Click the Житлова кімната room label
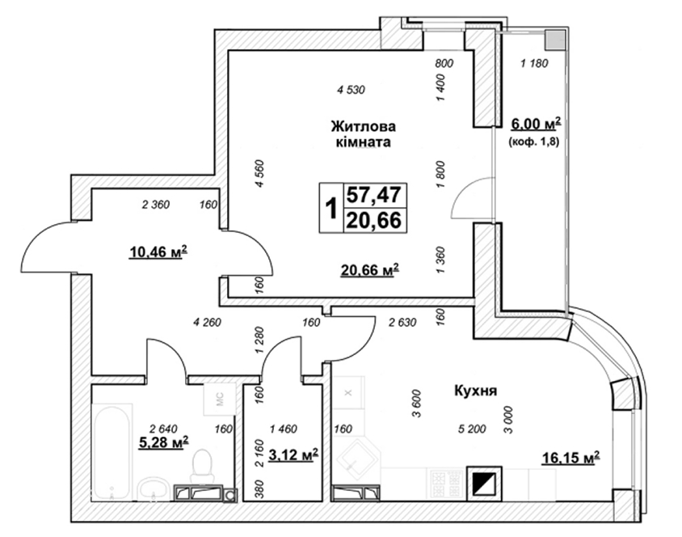pos(364,134)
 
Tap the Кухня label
pos(475,391)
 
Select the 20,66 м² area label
pos(370,270)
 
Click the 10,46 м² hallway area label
pos(158,251)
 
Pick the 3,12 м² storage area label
pos(293,455)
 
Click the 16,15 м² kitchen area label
pos(570,458)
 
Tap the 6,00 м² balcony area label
pos(536,124)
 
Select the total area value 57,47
pos(373,194)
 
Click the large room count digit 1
pos(331,208)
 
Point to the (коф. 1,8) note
pos(533,142)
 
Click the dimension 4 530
pos(351,90)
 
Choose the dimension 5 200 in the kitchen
pos(472,429)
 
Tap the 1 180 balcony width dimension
pos(535,64)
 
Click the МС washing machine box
pos(220,400)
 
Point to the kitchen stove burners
pos(445,483)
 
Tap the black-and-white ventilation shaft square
pos(485,484)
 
